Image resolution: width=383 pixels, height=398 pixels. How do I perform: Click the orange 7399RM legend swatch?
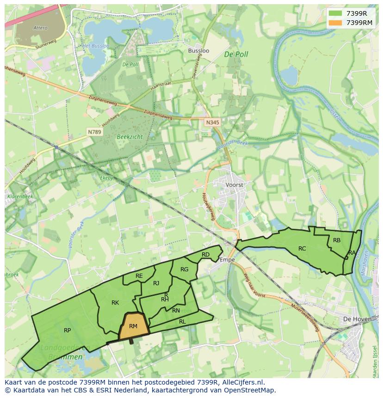(336, 23)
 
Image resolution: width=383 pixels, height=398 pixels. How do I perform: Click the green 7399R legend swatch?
(336, 13)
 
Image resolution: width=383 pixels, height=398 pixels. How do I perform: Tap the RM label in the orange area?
(133, 326)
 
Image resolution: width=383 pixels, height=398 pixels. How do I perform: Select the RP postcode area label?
(68, 331)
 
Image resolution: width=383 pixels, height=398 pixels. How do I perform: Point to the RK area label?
(115, 303)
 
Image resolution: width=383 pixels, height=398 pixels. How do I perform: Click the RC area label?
(302, 249)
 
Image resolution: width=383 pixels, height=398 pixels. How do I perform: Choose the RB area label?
(337, 240)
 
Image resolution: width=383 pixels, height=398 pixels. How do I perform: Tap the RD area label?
(206, 255)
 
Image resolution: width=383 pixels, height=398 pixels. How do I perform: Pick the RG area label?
(185, 269)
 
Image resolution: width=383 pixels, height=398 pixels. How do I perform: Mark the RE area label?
(139, 276)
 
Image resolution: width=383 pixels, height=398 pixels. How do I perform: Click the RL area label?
(182, 322)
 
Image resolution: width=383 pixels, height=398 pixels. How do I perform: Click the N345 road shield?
(212, 122)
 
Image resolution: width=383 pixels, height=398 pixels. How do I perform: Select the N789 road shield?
(94, 132)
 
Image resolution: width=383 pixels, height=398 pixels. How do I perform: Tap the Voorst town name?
(234, 184)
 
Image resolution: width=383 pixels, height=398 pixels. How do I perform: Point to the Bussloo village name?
(198, 50)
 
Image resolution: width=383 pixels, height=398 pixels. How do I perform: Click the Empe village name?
(227, 260)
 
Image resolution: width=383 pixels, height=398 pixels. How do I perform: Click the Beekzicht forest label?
(130, 137)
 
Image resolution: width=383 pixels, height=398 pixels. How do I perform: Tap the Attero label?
(40, 28)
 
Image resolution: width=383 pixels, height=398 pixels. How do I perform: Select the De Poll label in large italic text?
(236, 54)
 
